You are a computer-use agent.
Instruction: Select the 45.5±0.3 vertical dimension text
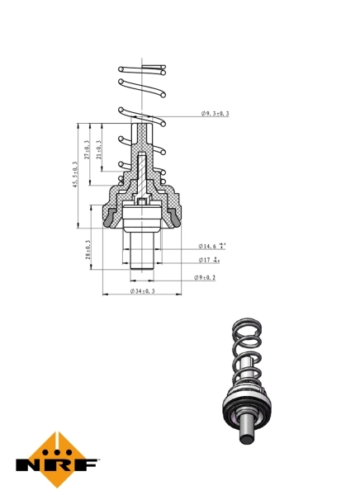pos(75,175)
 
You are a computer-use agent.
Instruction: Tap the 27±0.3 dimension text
pos(88,149)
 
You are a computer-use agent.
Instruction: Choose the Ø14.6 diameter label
pos(211,246)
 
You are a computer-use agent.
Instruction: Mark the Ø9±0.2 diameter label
pos(205,278)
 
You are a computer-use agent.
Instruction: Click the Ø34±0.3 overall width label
pos(143,292)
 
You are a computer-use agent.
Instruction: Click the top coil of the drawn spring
pos(143,68)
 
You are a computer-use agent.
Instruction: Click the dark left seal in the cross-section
pos(110,219)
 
